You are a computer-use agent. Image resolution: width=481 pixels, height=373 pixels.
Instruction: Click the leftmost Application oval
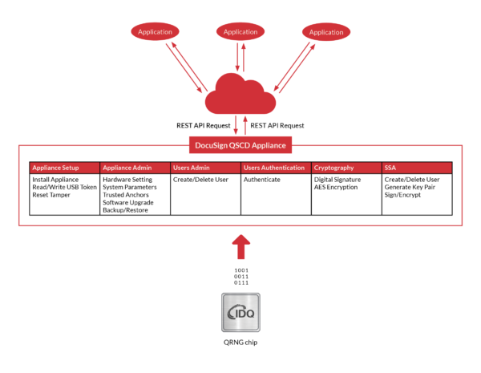[x=155, y=32]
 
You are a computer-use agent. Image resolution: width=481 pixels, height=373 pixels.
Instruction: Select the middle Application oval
[x=240, y=32]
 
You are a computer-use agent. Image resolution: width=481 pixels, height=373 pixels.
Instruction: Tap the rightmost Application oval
[x=326, y=32]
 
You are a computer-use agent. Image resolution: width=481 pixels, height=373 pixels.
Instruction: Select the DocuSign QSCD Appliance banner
[x=240, y=145]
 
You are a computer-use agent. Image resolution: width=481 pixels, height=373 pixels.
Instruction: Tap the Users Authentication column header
[x=274, y=168]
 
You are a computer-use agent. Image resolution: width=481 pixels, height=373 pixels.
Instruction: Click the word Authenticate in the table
[x=262, y=180]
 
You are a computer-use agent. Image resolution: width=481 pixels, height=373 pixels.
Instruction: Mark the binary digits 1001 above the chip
[x=240, y=270]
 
